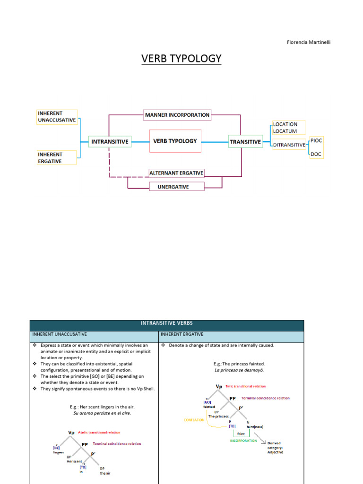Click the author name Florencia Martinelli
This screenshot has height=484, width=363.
click(x=309, y=42)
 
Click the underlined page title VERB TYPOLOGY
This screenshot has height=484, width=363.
click(x=181, y=59)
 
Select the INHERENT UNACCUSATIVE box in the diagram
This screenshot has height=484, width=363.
click(x=57, y=117)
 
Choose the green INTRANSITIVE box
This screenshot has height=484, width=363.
click(x=110, y=141)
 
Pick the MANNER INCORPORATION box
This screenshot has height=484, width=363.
click(x=177, y=115)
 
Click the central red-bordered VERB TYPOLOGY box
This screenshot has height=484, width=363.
click(x=175, y=141)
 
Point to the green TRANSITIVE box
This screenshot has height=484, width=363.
click(x=245, y=141)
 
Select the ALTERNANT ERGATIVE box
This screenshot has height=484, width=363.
click(x=176, y=173)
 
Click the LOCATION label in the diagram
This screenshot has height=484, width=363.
click(x=285, y=124)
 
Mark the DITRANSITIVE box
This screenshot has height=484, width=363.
click(x=289, y=145)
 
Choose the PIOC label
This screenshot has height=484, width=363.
click(x=317, y=141)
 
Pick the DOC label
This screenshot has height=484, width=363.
click(x=316, y=154)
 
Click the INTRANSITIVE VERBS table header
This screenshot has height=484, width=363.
click(x=167, y=323)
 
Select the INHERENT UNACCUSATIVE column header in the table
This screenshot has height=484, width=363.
click(x=60, y=334)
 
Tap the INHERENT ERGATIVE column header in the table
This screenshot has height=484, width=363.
click(x=182, y=334)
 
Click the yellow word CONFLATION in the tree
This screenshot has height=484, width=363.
click(x=194, y=420)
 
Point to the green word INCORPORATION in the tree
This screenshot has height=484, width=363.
click(x=244, y=441)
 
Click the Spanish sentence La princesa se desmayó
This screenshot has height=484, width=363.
click(x=239, y=370)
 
